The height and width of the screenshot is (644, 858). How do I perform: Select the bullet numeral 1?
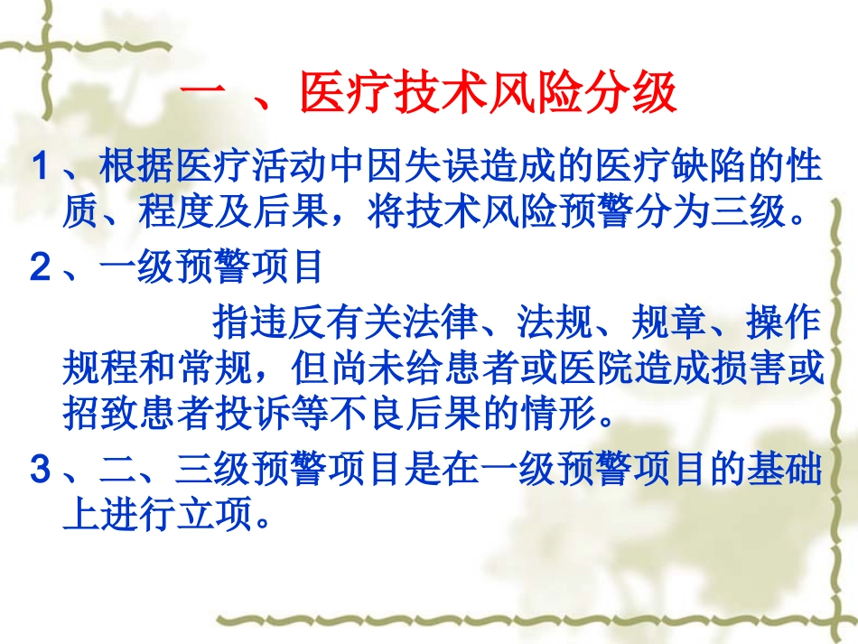[x=39, y=168]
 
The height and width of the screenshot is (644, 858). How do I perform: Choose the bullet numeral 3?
[x=39, y=471]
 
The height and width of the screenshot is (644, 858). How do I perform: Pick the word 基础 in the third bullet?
[x=786, y=471]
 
